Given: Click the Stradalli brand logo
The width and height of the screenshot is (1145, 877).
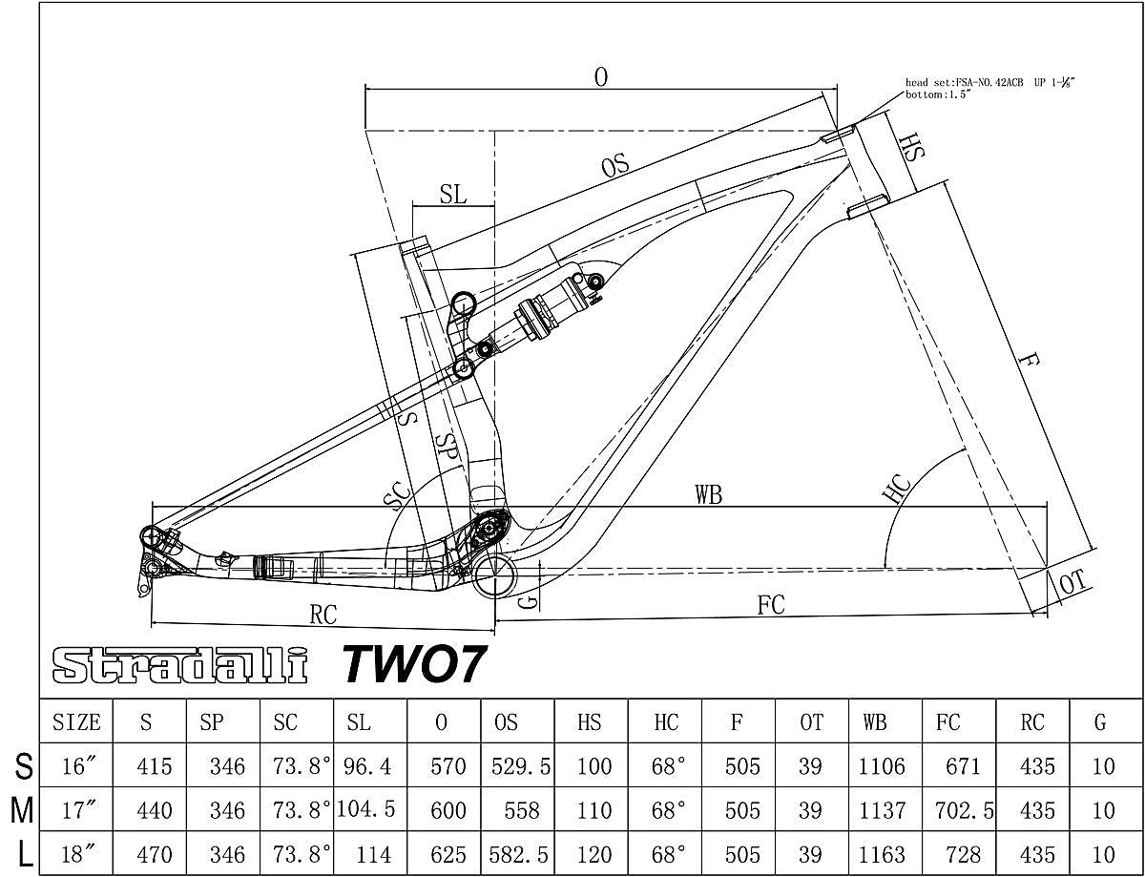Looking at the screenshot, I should point(179,665).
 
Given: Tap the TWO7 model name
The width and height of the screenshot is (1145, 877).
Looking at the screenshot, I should point(414,663).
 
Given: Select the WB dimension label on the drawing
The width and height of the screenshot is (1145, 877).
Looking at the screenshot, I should point(707,495).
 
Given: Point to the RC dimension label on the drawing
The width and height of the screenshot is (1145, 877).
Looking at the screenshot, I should point(323,616).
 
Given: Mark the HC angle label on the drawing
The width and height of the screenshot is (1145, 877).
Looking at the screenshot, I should point(897,489).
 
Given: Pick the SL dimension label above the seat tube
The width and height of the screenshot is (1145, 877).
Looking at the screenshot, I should point(453,194).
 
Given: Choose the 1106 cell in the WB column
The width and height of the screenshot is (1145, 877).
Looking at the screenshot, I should point(883,766).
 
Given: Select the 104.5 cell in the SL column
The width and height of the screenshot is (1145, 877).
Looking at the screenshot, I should point(364,810).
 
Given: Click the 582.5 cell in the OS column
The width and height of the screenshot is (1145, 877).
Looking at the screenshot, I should point(518,854).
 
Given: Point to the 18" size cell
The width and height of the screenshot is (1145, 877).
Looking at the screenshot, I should point(76,854).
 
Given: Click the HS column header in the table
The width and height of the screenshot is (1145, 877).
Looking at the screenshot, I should point(591,722).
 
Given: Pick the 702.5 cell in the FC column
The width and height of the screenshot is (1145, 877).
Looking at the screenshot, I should point(958,810).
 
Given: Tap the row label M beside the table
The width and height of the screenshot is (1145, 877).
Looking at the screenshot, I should point(21,810).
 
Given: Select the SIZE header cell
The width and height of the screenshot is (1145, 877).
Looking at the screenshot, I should point(76,722).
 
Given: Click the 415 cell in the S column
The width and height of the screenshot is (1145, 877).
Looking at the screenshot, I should point(155,766).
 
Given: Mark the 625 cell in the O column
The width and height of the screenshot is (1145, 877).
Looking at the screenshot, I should point(444,854).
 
